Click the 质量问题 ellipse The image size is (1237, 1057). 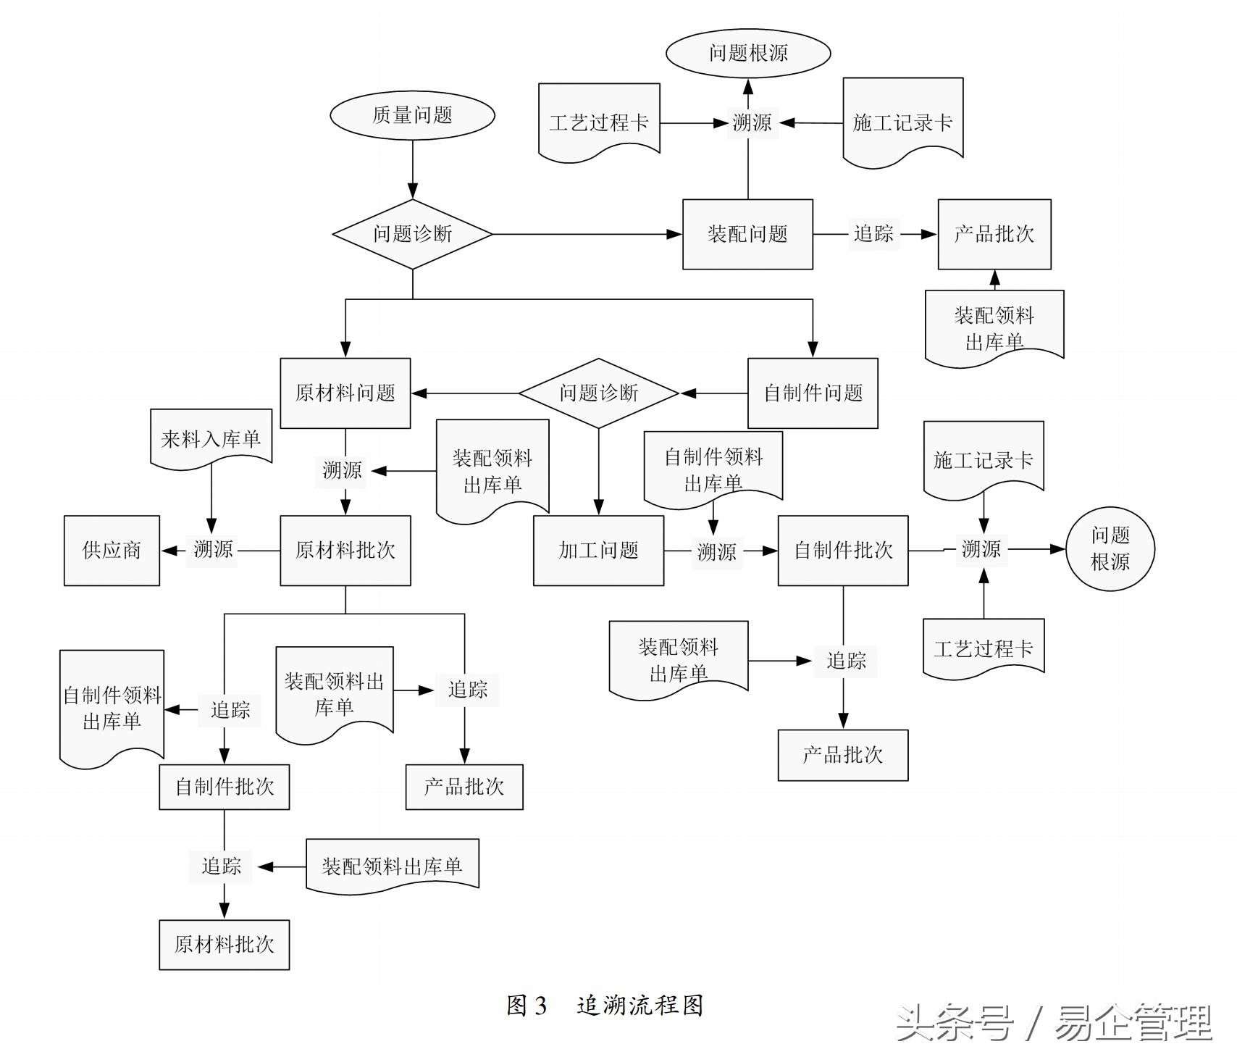[x=412, y=115]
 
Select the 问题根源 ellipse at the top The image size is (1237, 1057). [x=748, y=53]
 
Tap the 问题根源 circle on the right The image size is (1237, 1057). [x=1110, y=549]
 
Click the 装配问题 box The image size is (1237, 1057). [x=747, y=234]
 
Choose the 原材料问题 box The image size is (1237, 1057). [x=345, y=393]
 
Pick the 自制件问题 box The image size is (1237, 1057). [x=813, y=393]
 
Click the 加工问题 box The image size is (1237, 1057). [x=598, y=551]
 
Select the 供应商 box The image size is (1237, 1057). [x=112, y=551]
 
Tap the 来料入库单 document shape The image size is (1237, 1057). [x=211, y=438]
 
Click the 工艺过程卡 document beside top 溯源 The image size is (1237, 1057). [x=599, y=122]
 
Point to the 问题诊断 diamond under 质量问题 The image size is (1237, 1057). [x=412, y=234]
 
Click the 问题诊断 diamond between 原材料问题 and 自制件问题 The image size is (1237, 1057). [x=598, y=393]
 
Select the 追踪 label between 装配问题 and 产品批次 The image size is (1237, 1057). [x=874, y=234]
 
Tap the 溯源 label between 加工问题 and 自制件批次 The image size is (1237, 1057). [x=716, y=552]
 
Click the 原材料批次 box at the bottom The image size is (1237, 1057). [x=224, y=945]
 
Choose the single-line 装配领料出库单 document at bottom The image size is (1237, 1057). [x=392, y=866]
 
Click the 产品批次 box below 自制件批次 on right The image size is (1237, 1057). [x=842, y=755]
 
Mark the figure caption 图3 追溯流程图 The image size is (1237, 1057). [x=605, y=1006]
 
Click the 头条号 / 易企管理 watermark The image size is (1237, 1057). [x=1054, y=1023]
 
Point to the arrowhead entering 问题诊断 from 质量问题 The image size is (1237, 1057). [x=413, y=193]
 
